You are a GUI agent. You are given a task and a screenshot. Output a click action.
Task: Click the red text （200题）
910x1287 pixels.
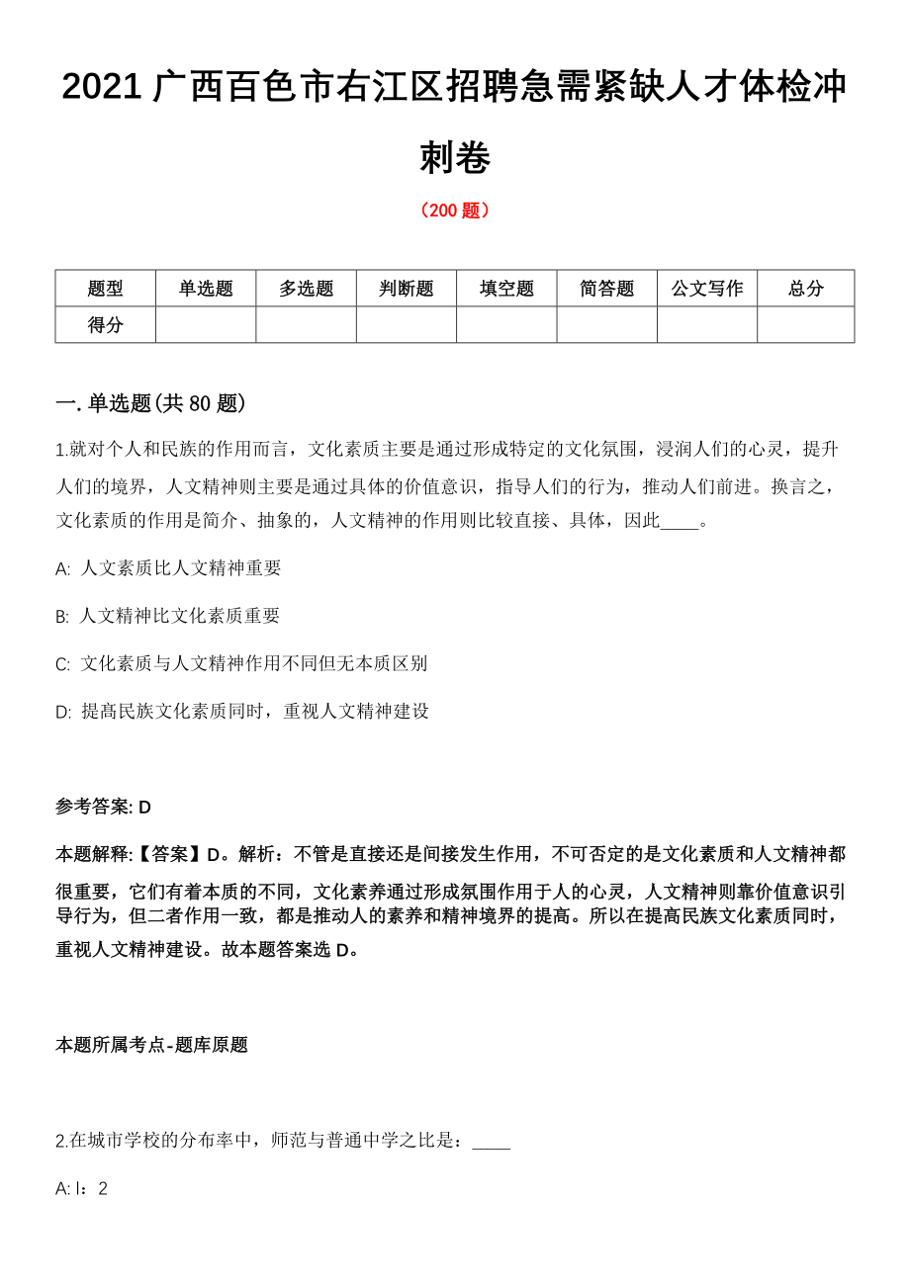click(455, 211)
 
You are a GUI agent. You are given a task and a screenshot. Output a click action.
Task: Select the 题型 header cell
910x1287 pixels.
click(106, 289)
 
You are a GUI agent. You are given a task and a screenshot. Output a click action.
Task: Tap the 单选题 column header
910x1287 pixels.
click(206, 289)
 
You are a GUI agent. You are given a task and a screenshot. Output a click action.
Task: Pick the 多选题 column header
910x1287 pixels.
click(307, 289)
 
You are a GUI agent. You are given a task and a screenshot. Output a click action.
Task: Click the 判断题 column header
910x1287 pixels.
click(407, 289)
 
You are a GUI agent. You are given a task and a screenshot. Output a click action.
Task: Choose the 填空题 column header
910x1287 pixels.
click(506, 289)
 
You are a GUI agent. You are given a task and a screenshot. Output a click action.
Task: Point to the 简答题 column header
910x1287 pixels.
click(607, 289)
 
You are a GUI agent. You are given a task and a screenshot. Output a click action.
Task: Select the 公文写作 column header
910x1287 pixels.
click(707, 289)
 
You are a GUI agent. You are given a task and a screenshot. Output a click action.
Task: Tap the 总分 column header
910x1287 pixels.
click(806, 289)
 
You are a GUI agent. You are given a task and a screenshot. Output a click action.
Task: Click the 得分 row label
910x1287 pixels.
click(106, 324)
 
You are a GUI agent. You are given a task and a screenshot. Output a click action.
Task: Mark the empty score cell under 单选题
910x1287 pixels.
click(206, 324)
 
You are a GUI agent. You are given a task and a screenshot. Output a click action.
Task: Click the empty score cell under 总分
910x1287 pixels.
click(806, 324)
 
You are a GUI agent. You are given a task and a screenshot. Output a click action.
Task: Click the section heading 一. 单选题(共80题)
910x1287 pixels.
click(150, 403)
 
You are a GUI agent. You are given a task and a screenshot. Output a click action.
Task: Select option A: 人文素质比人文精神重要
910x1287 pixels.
click(169, 568)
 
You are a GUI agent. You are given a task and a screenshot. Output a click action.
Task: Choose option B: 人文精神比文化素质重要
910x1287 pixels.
click(168, 616)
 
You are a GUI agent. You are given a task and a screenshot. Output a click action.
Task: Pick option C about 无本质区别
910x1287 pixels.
click(241, 663)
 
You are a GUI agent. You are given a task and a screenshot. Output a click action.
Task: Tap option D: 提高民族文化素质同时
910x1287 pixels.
click(242, 711)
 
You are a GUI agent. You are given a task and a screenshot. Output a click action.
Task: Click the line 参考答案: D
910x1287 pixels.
click(104, 807)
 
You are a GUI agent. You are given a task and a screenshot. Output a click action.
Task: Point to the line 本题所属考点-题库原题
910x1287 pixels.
click(151, 1045)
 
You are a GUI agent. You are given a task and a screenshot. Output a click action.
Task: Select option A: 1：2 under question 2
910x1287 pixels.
click(82, 1188)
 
